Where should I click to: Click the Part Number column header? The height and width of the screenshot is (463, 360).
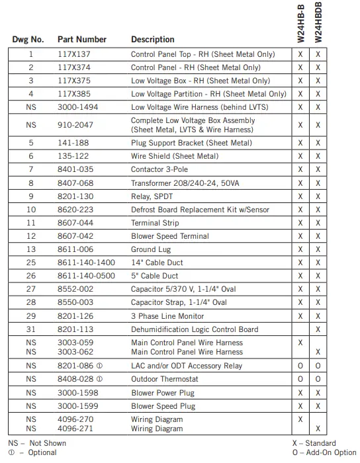[82, 40]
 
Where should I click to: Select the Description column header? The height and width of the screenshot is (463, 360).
[153, 40]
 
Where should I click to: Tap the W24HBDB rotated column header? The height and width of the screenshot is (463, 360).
[318, 23]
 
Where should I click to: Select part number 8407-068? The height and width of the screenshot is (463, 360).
[75, 183]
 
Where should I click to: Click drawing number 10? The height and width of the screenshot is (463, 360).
[31, 210]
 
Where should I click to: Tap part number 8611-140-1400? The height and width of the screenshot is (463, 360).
[86, 263]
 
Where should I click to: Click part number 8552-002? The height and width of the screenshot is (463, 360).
[75, 289]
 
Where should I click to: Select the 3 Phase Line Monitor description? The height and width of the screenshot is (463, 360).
[168, 316]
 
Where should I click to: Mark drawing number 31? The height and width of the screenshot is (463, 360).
[31, 329]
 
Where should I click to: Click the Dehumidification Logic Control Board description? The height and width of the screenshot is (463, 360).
[195, 329]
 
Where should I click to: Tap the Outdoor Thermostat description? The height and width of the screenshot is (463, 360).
[164, 379]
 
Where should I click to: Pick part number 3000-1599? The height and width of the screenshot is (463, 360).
[77, 405]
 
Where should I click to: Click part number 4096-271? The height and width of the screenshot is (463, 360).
[75, 429]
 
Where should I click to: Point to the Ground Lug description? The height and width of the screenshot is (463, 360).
[151, 249]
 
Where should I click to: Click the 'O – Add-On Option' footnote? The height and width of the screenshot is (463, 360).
[324, 452]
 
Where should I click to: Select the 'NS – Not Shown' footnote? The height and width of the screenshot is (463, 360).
[37, 443]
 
